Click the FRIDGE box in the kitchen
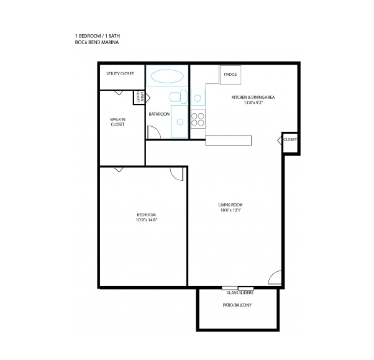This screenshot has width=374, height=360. [x=230, y=75]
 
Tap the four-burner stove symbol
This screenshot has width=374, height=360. [x=198, y=119]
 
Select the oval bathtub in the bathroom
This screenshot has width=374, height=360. [x=167, y=76]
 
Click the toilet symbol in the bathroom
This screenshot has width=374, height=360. [x=178, y=97]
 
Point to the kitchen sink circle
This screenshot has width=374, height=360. [x=198, y=98]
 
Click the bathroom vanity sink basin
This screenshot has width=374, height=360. [x=180, y=122]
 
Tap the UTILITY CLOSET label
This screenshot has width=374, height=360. [x=120, y=73]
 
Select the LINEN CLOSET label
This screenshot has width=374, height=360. [x=140, y=97]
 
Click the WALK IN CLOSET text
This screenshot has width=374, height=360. [x=117, y=122]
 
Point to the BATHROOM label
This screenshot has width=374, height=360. [x=159, y=114]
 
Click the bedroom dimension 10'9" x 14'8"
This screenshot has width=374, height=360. [x=147, y=220]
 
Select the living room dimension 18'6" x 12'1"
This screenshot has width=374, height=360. [x=231, y=210]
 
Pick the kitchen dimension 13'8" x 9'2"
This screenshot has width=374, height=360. [x=253, y=103]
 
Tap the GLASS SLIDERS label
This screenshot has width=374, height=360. [x=240, y=293]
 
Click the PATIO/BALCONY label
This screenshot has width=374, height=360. [x=237, y=305]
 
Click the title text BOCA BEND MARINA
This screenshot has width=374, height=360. [x=97, y=42]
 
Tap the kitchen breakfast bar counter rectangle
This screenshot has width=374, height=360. [x=228, y=141]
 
